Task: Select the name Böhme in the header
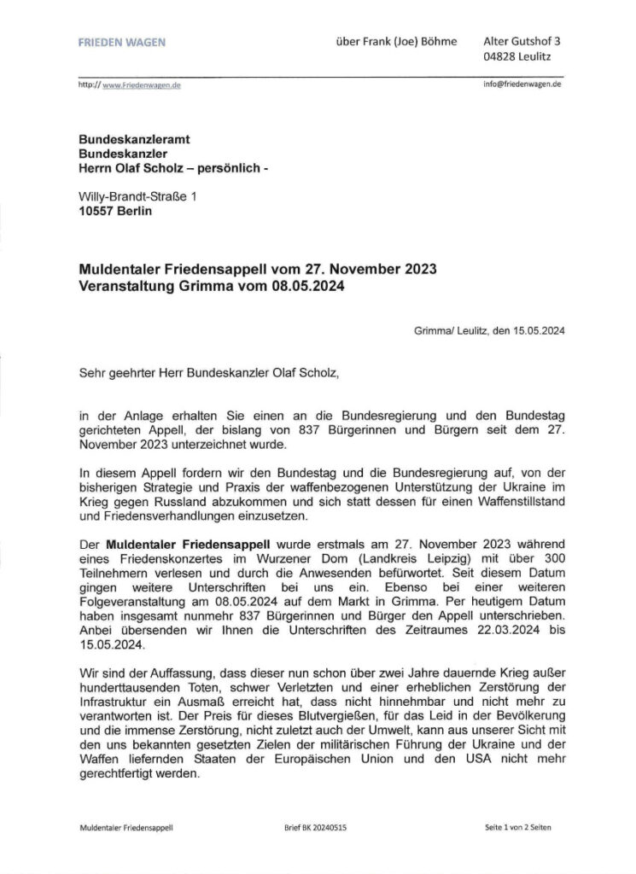pyautogui.click(x=438, y=41)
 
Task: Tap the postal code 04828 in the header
pyautogui.click(x=502, y=58)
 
